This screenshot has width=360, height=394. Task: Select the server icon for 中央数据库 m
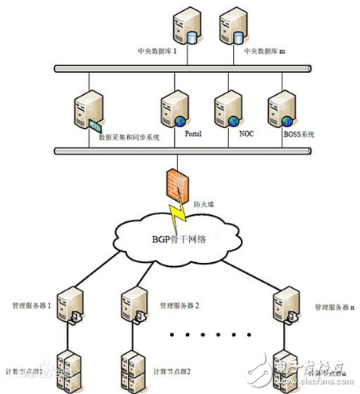[231, 27]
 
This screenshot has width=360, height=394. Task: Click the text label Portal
[193, 134]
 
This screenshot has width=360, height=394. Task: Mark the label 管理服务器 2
[179, 305]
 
